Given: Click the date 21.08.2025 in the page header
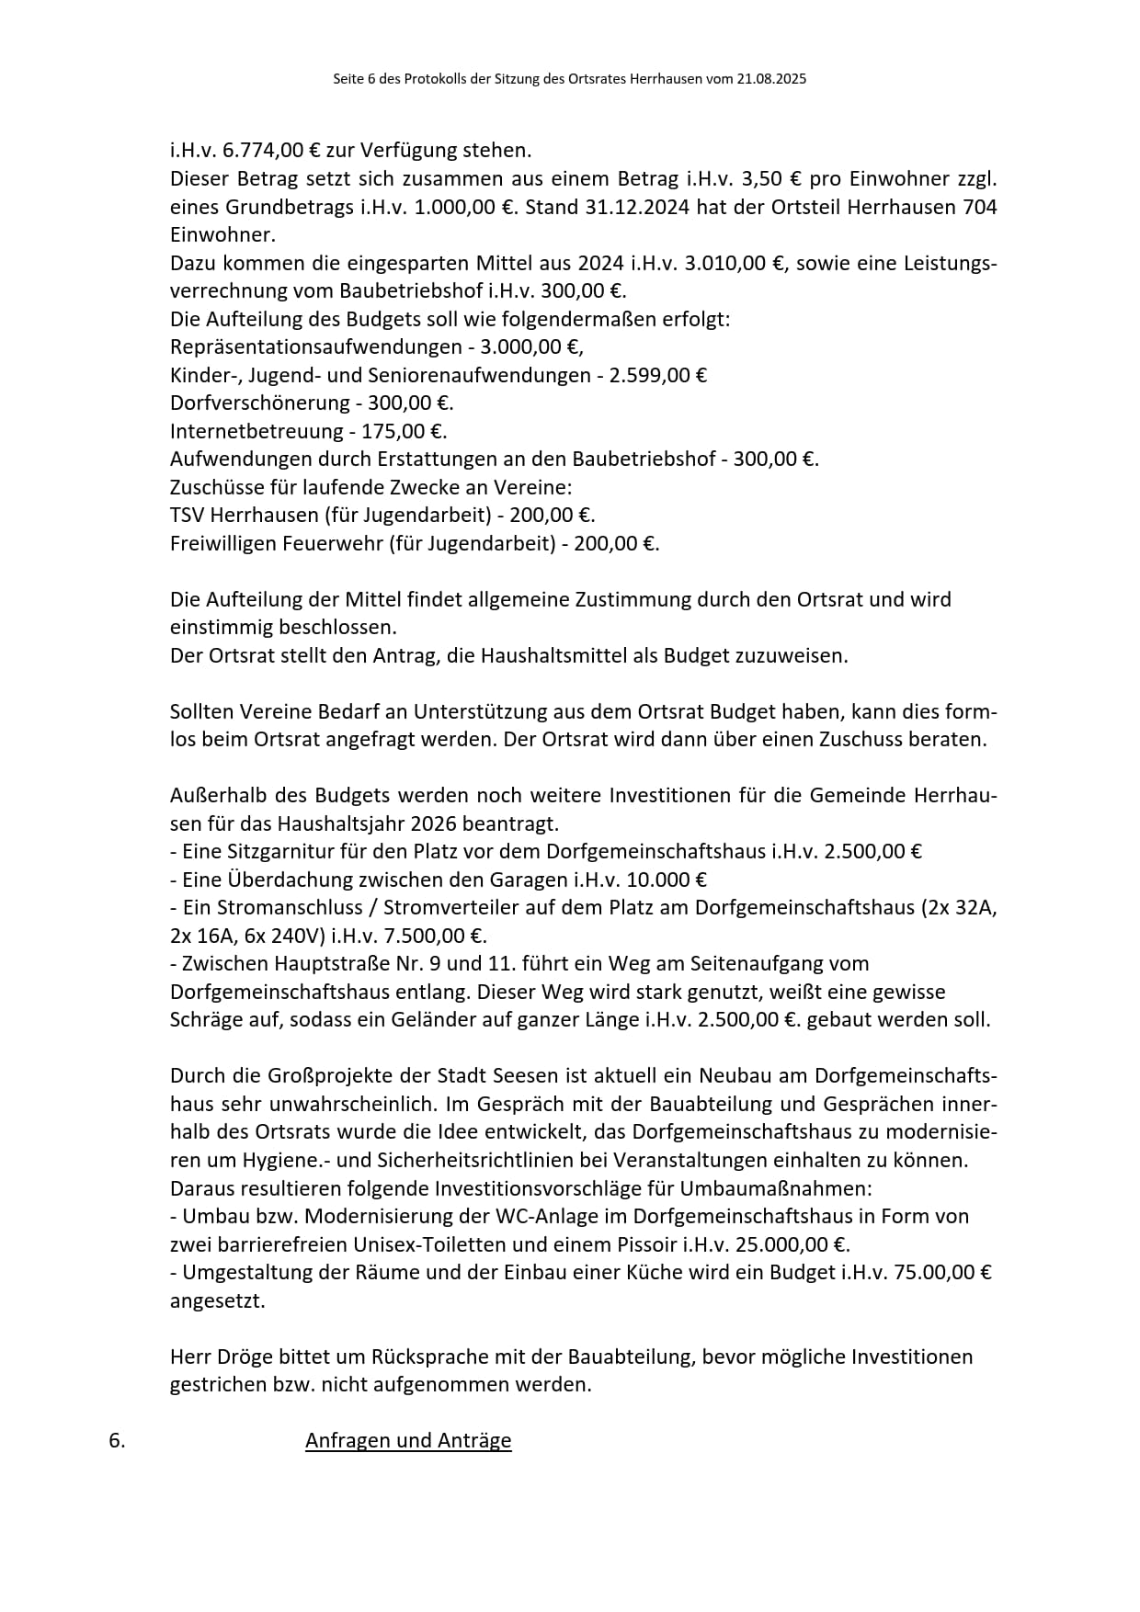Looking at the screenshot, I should coord(771,79).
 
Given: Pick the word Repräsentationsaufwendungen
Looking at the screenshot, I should coord(316,347).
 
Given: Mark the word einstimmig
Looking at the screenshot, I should coord(216,628).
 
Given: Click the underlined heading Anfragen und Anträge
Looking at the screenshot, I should coord(408,1440).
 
